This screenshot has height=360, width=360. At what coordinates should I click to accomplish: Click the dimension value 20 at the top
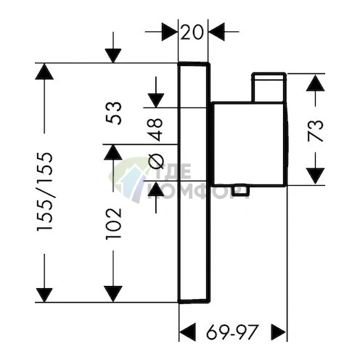pos(192,32)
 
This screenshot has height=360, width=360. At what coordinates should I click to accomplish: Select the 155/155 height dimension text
pos(44,192)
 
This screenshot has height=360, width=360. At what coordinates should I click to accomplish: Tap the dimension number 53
pos(113,113)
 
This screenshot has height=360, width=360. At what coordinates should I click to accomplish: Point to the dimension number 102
pos(113,223)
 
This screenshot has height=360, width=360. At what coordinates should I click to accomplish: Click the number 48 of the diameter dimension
pos(155,129)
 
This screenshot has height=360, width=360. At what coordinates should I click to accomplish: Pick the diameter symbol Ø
pos(155,162)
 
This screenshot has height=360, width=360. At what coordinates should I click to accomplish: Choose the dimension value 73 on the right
pos(316,131)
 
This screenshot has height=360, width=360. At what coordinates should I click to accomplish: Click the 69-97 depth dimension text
pos(232,332)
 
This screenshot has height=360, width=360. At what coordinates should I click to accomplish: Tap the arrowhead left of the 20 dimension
pos(169,32)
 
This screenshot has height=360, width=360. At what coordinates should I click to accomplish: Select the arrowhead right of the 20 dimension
pos(217,32)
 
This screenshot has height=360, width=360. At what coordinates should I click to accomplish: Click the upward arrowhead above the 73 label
pos(315,82)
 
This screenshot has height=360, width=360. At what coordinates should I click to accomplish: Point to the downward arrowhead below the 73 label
pos(315,176)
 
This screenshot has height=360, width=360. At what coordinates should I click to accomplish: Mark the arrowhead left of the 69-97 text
pos(187,332)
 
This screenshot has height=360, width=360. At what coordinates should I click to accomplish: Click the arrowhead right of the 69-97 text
pos(278,332)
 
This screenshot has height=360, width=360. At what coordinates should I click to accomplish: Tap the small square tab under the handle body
pos(240,190)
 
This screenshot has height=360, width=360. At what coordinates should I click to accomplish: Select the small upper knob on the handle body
pos(269,87)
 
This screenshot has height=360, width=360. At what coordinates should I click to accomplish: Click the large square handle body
pos(249,144)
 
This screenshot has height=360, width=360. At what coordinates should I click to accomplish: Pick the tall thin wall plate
pos(194,182)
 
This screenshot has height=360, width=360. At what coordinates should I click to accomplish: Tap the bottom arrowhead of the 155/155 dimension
pos(44,295)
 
